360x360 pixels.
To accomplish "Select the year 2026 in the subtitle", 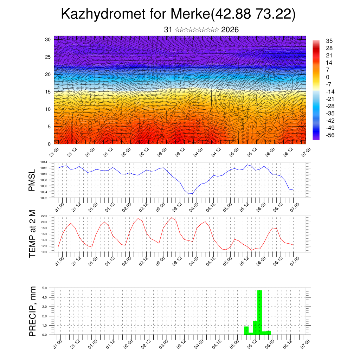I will pyautogui.click(x=230, y=30).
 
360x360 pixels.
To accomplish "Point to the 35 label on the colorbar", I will pyautogui.click(x=329, y=41).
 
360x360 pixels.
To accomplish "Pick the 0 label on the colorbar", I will pyautogui.click(x=328, y=77).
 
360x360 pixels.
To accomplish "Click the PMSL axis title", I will pyautogui.click(x=32, y=180).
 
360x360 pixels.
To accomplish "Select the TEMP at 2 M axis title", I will pyautogui.click(x=32, y=233).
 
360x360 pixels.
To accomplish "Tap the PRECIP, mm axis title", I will pyautogui.click(x=32, y=311).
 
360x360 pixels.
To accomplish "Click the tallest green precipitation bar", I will pyautogui.click(x=259, y=311).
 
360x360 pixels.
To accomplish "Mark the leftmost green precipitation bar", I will pyautogui.click(x=246, y=330).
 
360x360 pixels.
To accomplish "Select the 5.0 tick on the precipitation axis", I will pyautogui.click(x=45, y=288).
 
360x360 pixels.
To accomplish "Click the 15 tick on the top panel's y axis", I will pyautogui.click(x=49, y=92).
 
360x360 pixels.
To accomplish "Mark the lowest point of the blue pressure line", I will pyautogui.click(x=190, y=194).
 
